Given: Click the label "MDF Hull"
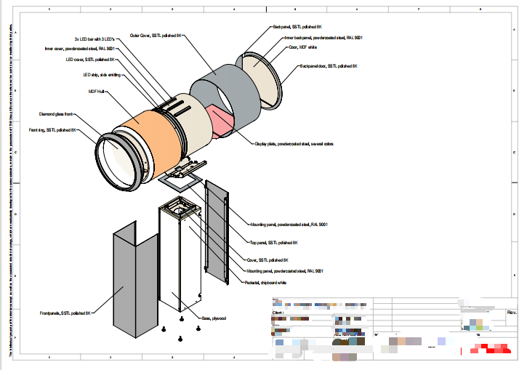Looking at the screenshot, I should [97, 92].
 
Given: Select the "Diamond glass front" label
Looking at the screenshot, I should [57, 114].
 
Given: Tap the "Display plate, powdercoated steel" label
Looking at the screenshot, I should [294, 143].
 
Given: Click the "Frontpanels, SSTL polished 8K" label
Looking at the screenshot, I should [65, 313].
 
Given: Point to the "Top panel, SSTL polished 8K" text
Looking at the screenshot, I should [273, 242].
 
